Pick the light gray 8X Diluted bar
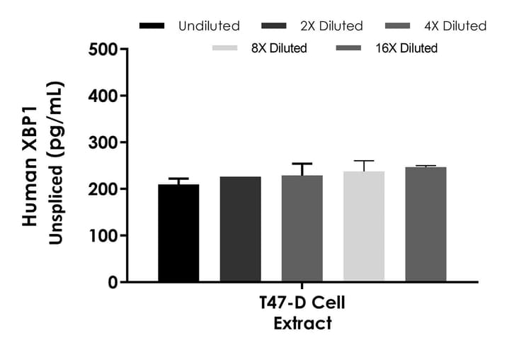point(364,226)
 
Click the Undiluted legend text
point(209,26)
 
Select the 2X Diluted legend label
point(332,26)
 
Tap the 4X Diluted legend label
point(455,26)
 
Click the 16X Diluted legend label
point(406,48)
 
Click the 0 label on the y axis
point(113,283)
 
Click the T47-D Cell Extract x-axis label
point(302,313)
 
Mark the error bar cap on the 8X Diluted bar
point(364,161)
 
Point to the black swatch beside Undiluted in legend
point(152,26)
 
